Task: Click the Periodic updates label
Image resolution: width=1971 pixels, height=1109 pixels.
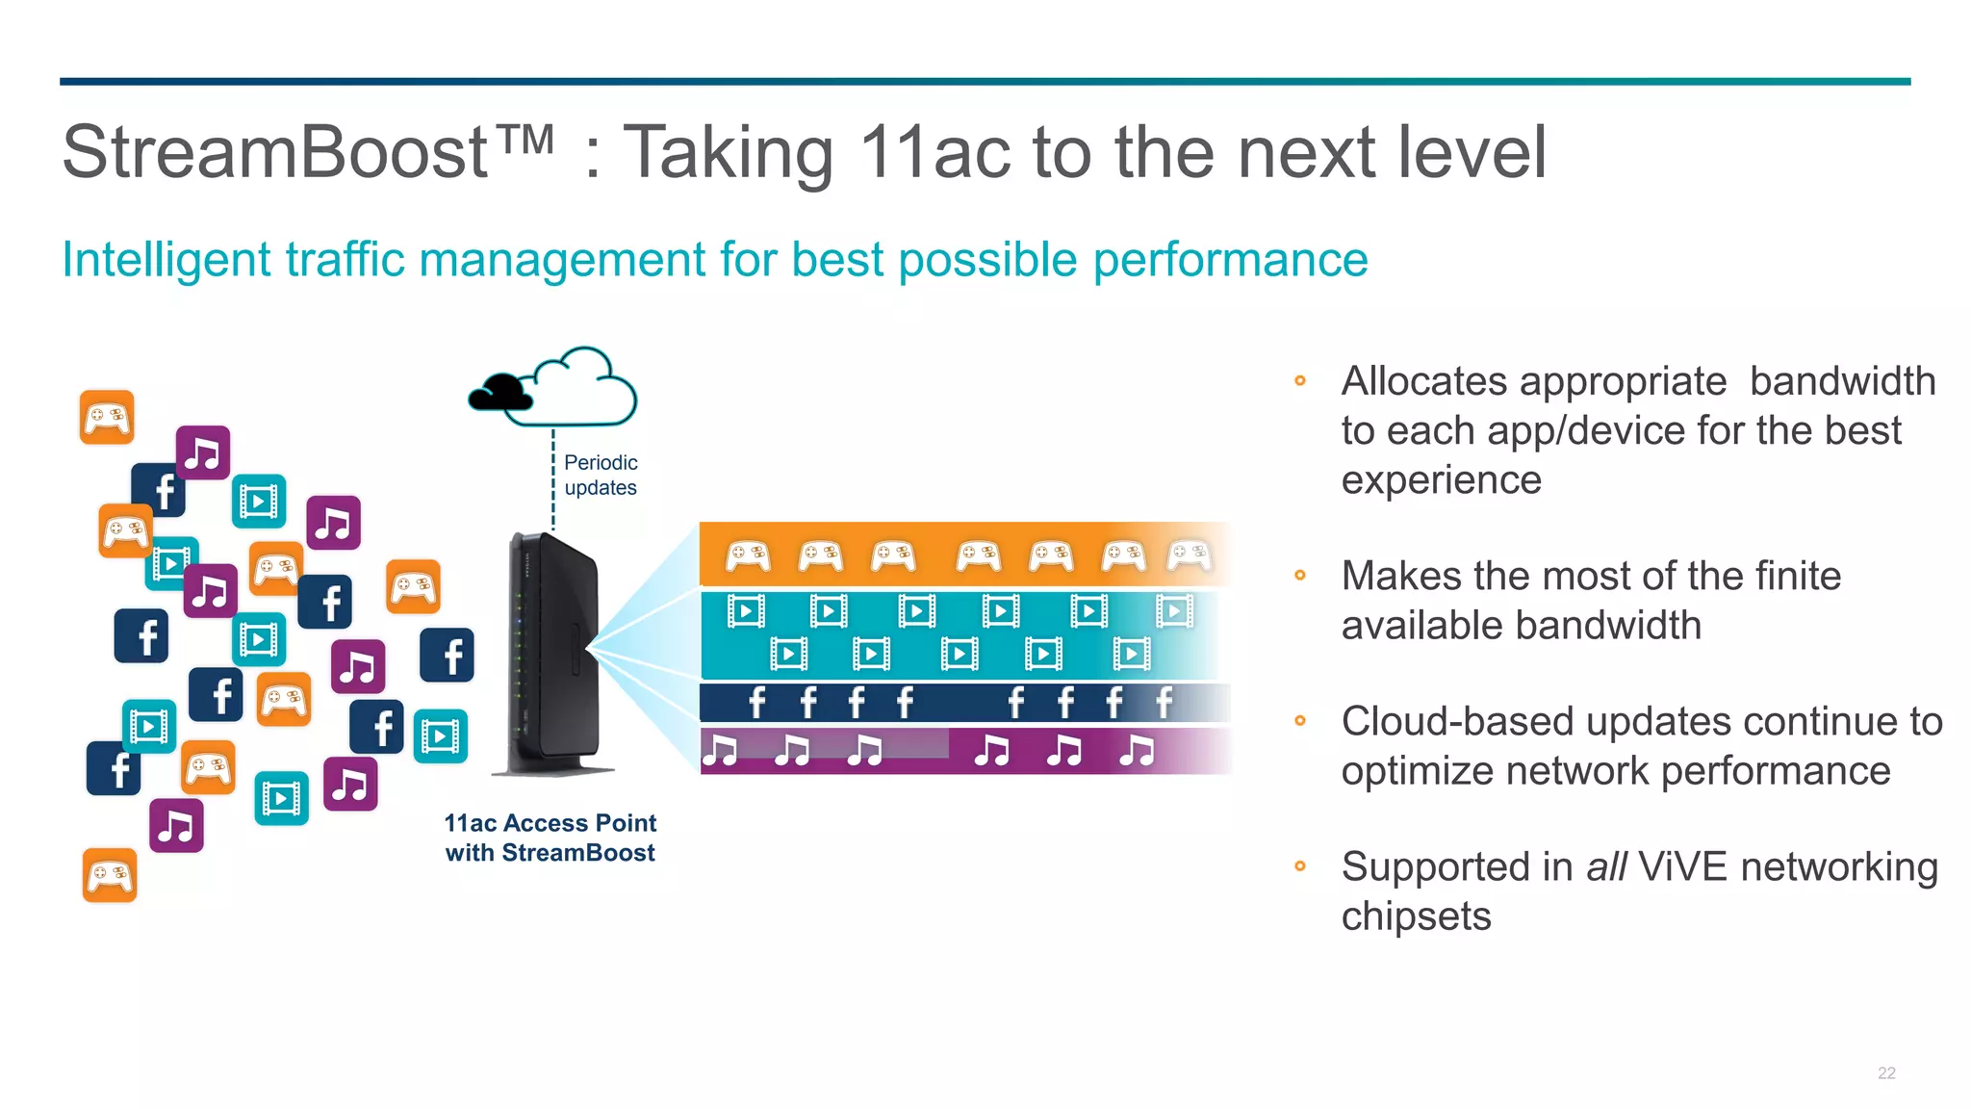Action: tap(601, 476)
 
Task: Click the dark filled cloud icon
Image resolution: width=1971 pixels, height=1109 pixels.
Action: tap(500, 393)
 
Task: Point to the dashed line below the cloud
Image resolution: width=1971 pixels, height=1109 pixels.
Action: tap(553, 481)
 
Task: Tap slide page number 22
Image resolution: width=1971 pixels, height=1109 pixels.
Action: tap(1886, 1072)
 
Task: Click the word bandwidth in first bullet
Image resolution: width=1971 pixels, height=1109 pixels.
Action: tap(1842, 381)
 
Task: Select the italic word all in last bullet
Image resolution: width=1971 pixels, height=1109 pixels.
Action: tap(1606, 867)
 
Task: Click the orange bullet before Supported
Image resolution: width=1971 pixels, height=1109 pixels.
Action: tap(1300, 865)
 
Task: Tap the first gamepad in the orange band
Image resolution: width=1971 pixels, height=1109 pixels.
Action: tap(748, 555)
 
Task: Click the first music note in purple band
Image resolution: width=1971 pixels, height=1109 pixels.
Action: tap(719, 750)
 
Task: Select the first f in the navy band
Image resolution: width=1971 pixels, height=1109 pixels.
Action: tap(757, 703)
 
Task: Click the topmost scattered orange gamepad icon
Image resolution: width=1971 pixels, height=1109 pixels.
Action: tap(107, 418)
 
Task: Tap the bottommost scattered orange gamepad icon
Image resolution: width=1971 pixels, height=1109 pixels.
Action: tap(110, 875)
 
